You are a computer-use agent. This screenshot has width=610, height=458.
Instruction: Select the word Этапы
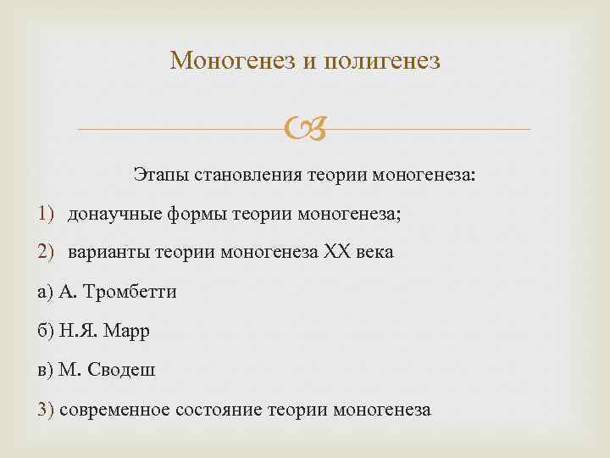(x=162, y=176)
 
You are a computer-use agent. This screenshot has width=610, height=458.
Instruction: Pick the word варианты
(x=106, y=253)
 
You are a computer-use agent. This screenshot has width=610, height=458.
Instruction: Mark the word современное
(x=114, y=411)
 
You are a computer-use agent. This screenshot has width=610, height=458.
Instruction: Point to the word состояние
(x=219, y=411)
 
